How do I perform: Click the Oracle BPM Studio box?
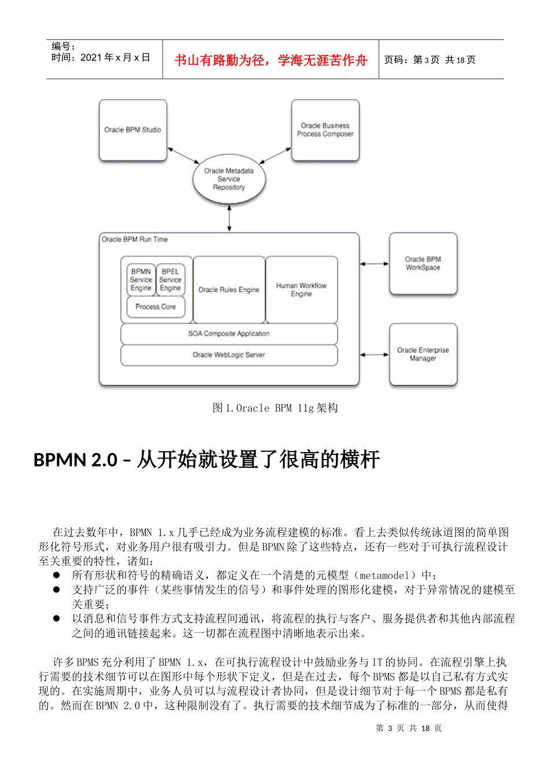(x=133, y=130)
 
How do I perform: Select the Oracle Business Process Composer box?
(x=325, y=130)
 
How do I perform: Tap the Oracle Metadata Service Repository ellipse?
(x=229, y=179)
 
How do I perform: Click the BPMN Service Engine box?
(x=141, y=280)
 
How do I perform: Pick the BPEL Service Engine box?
(x=170, y=280)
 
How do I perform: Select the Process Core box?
(x=155, y=307)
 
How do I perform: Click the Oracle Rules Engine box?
(x=229, y=289)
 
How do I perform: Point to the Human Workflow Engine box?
(x=301, y=289)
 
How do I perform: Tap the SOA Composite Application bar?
(x=229, y=334)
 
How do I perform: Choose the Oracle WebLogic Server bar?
(x=229, y=355)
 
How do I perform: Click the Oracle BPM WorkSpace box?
(x=423, y=264)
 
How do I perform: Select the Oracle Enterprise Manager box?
(x=423, y=354)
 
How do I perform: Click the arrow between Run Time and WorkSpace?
(x=374, y=264)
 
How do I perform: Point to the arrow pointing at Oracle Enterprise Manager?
(x=374, y=355)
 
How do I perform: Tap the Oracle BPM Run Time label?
(x=135, y=239)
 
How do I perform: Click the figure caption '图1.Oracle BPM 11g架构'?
(x=275, y=408)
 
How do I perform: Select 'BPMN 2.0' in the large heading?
(x=75, y=460)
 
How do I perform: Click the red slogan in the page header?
(x=271, y=60)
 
